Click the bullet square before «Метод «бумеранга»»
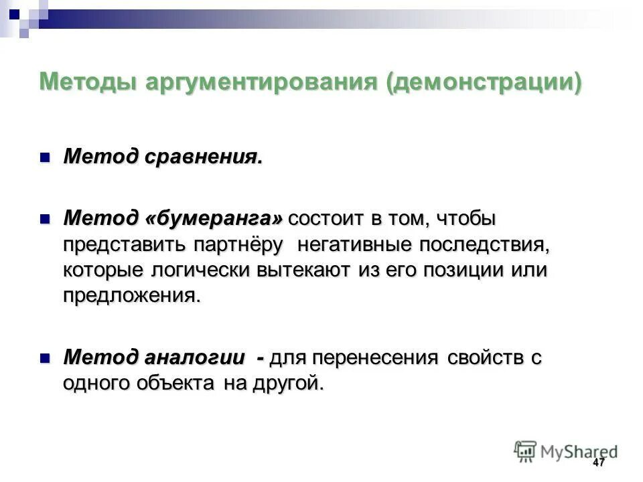coord(46,219)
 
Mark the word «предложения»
coord(131,296)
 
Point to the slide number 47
coord(598,463)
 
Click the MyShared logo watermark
coord(566,451)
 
